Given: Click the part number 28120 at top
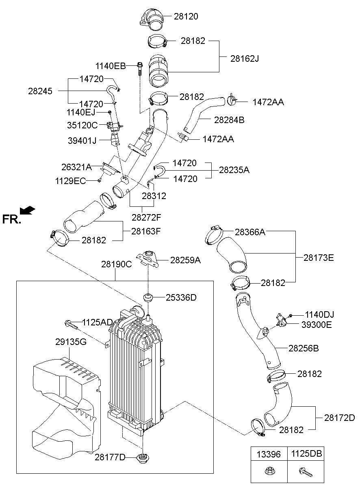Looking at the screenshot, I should [186, 17].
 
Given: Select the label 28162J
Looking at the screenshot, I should [244, 59].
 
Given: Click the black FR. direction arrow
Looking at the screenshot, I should [28, 210].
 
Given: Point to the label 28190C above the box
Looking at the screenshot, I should [116, 264].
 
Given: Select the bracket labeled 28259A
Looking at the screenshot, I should [147, 258].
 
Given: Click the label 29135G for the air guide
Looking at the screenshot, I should [71, 342].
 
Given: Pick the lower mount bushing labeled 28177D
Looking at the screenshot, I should [143, 458].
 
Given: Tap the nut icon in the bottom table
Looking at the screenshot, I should [269, 472].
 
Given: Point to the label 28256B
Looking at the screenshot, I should [304, 348].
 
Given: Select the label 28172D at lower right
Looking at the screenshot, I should [339, 418].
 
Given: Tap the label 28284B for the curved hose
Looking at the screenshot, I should [229, 120].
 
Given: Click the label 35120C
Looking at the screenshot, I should [82, 124].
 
